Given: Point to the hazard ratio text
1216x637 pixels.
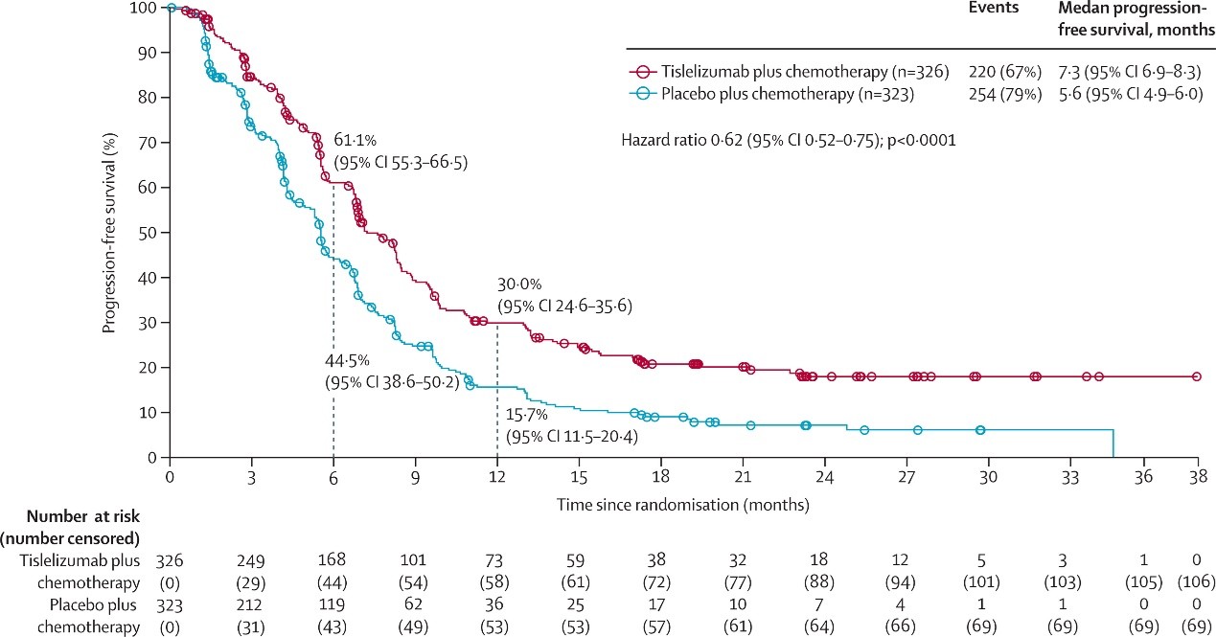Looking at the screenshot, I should pos(789,140).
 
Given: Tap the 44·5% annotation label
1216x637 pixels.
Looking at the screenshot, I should pos(344,360).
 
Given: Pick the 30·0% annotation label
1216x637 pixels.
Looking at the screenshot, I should pos(518,284).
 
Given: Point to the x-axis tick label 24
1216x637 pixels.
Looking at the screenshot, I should pos(825,476).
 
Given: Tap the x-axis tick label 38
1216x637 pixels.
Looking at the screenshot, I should pos(1197,476).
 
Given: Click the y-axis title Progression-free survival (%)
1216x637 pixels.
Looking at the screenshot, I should pos(110,233).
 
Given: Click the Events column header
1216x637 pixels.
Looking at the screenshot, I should pos(992,8).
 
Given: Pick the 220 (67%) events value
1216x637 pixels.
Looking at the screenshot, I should pos(992,71).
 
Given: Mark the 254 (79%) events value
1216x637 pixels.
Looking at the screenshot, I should pos(992,94).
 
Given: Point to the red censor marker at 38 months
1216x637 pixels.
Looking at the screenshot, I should pos(1197,377).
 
